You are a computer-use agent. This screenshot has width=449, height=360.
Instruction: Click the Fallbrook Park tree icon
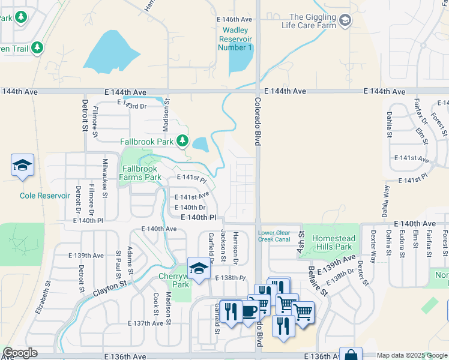[183, 142]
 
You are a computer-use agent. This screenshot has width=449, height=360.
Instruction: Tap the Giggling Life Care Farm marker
[345, 22]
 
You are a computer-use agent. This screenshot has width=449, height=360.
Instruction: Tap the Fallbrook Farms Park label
[140, 173]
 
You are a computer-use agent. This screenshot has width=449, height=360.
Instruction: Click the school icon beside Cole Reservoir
[22, 166]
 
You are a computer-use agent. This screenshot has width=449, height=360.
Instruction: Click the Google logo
[20, 353]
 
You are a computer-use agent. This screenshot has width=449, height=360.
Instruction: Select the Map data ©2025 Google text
[412, 355]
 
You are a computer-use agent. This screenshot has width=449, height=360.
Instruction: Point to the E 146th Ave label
[234, 20]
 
